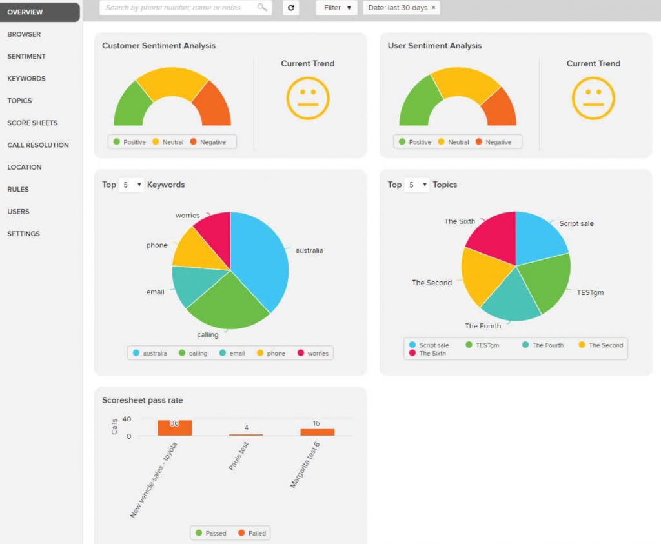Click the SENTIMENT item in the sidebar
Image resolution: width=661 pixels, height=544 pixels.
tap(26, 57)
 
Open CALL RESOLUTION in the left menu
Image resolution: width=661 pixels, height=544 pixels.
tap(38, 145)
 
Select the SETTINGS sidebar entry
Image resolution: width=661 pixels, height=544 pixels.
tap(23, 234)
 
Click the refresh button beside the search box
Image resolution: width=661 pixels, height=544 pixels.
tap(290, 8)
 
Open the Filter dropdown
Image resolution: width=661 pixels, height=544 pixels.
tap(337, 8)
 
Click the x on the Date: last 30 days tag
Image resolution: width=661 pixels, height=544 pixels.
tap(433, 8)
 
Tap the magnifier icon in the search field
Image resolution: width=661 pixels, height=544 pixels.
tap(261, 8)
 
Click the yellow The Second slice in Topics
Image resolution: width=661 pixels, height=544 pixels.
tap(484, 274)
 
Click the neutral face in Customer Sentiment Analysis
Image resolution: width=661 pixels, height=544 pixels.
tap(308, 98)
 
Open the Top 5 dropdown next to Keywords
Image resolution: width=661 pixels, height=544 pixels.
tap(130, 185)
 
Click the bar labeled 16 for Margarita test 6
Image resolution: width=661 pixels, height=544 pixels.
tap(317, 432)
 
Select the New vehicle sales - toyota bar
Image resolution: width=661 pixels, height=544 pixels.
tap(174, 428)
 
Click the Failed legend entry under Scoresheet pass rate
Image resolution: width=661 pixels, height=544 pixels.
tap(251, 533)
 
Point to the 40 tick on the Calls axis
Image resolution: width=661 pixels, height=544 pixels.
tap(127, 419)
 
